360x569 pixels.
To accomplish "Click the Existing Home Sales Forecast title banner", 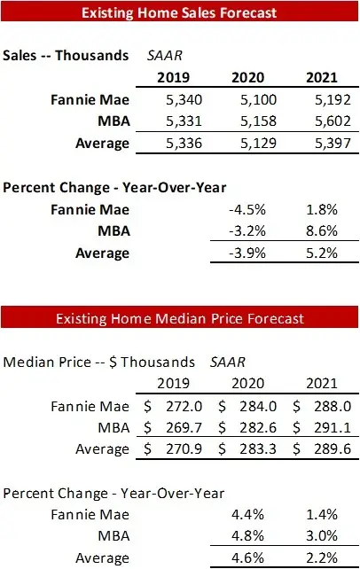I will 180,13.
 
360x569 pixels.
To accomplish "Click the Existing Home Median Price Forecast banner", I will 180,317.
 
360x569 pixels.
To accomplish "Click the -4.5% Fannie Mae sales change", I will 255,210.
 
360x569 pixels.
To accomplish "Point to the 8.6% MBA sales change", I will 325,232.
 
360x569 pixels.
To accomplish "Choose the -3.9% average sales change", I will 255,254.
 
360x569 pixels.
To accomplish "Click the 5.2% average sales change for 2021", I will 325,254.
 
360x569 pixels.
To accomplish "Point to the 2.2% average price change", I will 325,558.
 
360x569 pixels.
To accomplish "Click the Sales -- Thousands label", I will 66,55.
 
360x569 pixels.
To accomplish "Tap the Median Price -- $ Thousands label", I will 98,362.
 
